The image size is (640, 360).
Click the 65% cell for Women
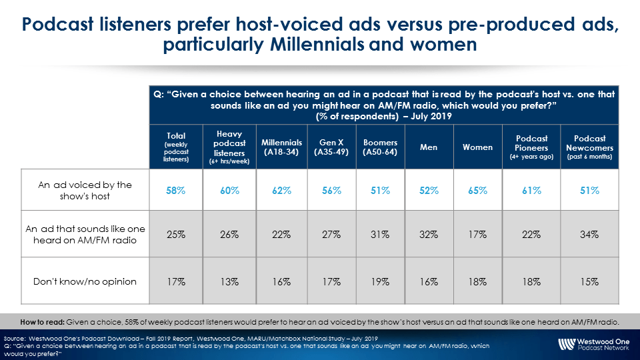point(477,191)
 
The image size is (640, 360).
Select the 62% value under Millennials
point(281,191)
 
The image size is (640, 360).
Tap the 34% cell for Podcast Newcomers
point(589,235)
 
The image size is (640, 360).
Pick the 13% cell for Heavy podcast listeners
point(229,282)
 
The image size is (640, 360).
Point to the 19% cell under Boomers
point(380,282)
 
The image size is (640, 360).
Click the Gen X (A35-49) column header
point(331,147)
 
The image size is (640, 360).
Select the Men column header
point(429,147)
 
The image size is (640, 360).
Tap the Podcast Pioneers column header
point(531,147)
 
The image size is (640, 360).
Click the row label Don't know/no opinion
point(85,281)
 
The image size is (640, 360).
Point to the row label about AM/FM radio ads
point(85,235)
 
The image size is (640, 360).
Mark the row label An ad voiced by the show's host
point(85,191)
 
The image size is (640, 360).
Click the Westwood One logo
point(594,344)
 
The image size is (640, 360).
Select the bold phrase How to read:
point(42,322)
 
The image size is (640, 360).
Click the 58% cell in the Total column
point(175,191)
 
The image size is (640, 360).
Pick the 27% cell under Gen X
point(331,235)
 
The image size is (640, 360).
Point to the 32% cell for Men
point(429,235)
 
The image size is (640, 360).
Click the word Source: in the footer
point(14,339)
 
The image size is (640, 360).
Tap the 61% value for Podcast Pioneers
point(531,191)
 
